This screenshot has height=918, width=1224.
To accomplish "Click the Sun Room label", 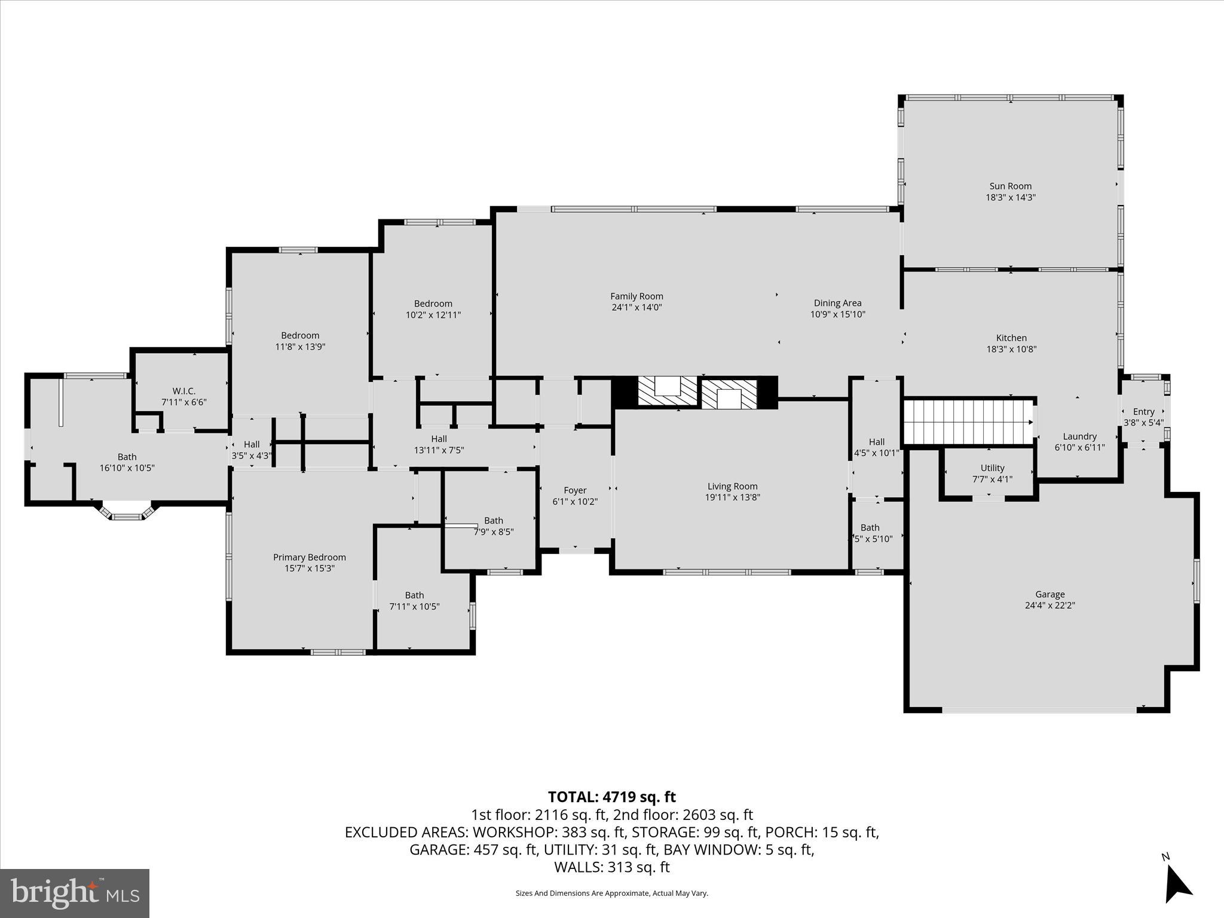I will pos(1010,186).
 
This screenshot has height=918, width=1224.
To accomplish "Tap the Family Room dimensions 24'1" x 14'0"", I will pos(637,307).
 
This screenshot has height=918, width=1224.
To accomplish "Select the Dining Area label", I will pos(837,303).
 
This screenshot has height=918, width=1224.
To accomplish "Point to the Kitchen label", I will pos(1011,338).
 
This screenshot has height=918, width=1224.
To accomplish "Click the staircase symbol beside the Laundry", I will pos(968,422).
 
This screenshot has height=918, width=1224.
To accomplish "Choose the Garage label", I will pos(1049,594).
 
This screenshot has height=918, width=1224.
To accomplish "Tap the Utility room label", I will pos(992,468).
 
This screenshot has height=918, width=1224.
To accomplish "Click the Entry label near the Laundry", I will pos(1143,411).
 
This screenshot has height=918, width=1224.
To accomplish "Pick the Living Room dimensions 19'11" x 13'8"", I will pos(732,497).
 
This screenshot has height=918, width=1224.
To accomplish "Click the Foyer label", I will pos(575,490).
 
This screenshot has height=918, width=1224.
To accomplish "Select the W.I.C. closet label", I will pos(183,391).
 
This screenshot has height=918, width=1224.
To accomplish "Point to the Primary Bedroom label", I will pos(309,557).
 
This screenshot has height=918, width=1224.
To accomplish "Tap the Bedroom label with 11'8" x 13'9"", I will pos(300,335).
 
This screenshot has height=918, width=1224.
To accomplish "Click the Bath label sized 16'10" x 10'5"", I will pos(127,457).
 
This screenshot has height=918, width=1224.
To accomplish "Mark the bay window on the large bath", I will pos(126,513).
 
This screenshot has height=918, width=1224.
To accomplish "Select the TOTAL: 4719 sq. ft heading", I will pos(611,797).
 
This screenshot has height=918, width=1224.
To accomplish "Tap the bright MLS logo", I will pos(75,893).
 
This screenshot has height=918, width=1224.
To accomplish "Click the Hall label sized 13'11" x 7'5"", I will pos(439,439).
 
